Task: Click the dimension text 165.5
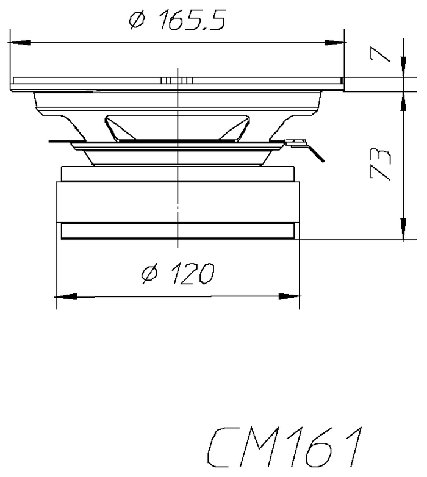tap(192, 20)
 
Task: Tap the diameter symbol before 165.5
tap(137, 20)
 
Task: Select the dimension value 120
tap(193, 274)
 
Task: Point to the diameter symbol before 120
tap(150, 274)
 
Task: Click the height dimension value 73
tap(380, 164)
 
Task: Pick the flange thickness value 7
tap(380, 55)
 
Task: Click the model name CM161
tap(285, 447)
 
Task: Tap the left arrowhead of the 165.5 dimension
tap(20, 43)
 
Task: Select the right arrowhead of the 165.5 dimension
tap(334, 43)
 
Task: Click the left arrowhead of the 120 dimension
tap(66, 296)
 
